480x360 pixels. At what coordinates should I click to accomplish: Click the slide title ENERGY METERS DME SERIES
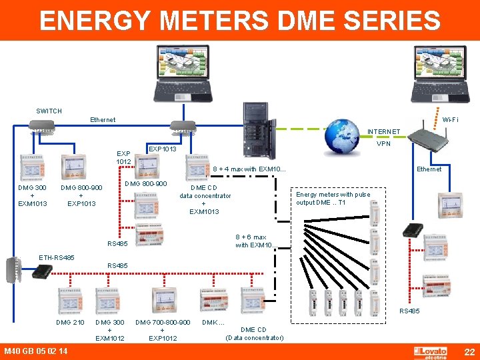click(x=240, y=20)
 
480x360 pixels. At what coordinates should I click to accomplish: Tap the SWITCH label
click(x=49, y=111)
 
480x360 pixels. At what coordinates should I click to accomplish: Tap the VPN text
click(x=383, y=143)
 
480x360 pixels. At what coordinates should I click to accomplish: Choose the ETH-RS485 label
click(x=57, y=257)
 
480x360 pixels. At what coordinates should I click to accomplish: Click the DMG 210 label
click(x=70, y=323)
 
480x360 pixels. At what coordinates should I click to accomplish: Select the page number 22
click(x=469, y=351)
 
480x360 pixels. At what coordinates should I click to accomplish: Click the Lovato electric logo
click(x=434, y=352)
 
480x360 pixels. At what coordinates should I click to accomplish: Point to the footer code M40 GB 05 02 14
click(x=35, y=351)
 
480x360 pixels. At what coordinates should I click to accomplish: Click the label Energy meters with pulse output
click(x=333, y=199)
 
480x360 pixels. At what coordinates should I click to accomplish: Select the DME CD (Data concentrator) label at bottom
click(x=254, y=333)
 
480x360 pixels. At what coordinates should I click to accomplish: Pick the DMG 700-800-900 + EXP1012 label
click(x=163, y=330)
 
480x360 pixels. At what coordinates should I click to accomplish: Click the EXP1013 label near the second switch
click(x=162, y=149)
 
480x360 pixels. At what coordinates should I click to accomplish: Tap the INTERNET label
click(x=383, y=132)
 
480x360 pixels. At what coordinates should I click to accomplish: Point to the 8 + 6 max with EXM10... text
click(x=251, y=241)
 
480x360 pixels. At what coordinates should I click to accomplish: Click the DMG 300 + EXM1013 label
click(x=32, y=195)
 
